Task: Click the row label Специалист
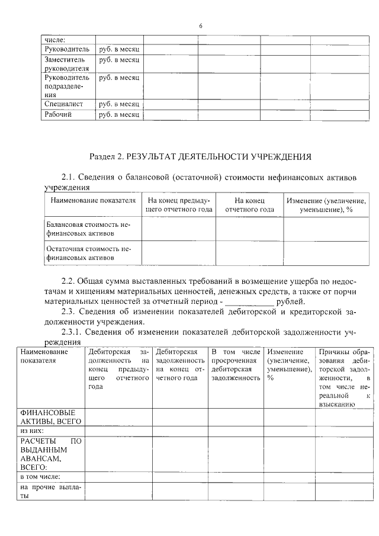coord(63,104)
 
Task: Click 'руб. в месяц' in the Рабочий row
coord(119,114)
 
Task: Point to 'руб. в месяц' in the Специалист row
coord(119,104)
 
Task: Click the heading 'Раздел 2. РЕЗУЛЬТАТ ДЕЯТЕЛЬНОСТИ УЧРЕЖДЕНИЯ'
coord(200,158)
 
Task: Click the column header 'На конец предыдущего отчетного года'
coord(178,205)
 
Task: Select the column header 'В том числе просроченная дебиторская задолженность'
coord(236,365)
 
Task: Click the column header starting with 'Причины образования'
coord(344,378)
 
